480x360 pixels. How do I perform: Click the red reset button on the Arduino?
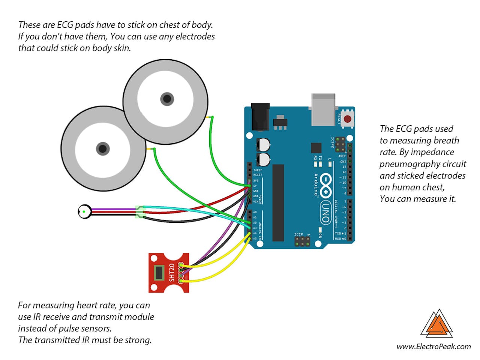348,119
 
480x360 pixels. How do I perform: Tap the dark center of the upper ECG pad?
167,99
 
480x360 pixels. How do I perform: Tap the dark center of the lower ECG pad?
103,148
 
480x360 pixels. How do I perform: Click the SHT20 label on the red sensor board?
172,273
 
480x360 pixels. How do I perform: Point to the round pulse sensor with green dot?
84,212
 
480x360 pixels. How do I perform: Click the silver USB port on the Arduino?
323,109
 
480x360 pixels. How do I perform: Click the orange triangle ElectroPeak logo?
437,324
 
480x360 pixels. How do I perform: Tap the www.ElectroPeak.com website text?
433,346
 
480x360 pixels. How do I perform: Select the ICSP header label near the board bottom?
298,234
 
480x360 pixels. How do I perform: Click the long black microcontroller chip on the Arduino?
278,202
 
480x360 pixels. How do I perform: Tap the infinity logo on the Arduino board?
325,185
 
